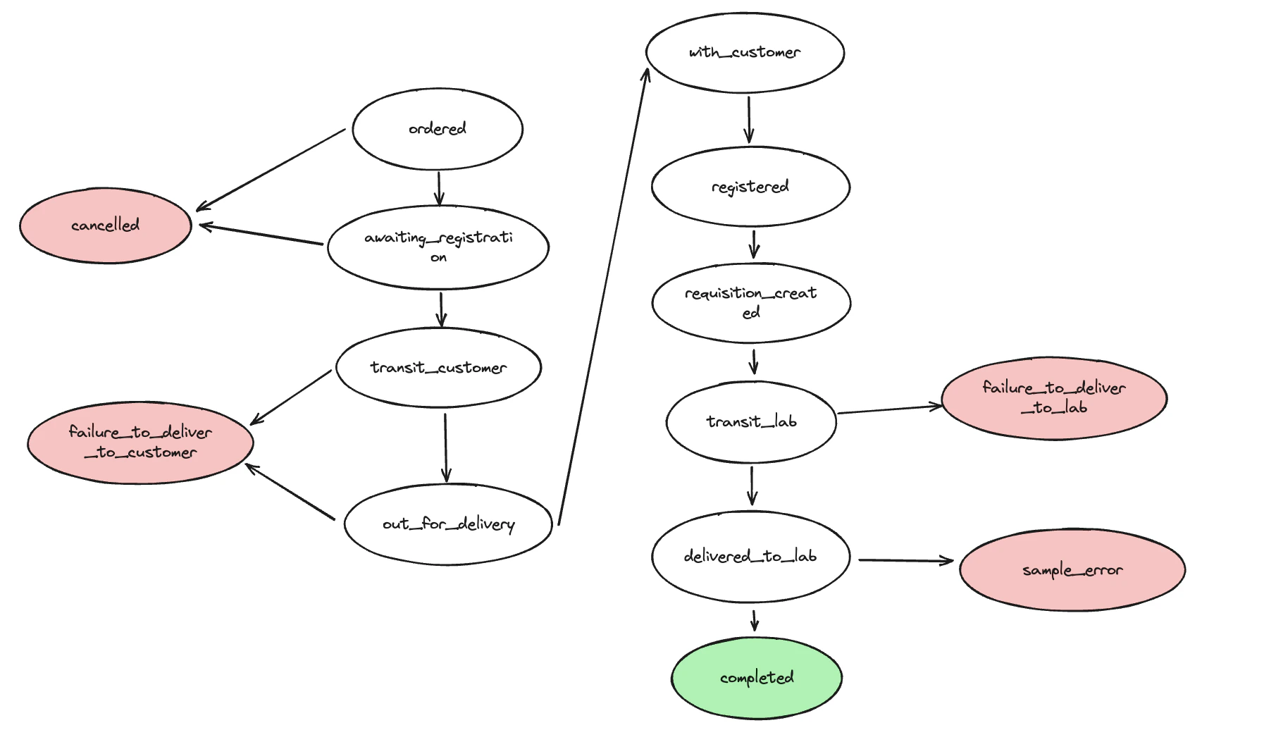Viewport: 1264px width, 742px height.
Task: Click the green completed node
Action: coord(756,678)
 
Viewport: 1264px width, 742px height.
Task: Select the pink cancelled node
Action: coord(106,225)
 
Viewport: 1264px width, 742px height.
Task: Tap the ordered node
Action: coord(438,129)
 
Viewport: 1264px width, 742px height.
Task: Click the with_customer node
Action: coord(745,53)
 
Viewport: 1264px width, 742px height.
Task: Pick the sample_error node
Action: coord(1072,569)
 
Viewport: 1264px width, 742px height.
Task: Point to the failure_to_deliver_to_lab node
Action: coord(1054,398)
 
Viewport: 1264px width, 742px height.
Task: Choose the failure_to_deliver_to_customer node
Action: coord(140,443)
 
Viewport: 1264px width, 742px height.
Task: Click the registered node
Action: coord(750,187)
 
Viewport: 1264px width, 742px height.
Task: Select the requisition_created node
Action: coord(751,303)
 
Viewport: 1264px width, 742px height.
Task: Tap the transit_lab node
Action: coord(751,422)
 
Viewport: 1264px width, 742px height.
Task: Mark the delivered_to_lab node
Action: coord(750,557)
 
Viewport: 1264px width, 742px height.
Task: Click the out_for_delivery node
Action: coord(448,524)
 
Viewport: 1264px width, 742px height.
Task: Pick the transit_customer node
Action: coord(438,368)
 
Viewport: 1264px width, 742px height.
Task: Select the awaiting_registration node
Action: coord(438,247)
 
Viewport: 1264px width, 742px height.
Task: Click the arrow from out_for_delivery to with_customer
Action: coord(602,296)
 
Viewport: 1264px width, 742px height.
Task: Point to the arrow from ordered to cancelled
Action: coord(271,170)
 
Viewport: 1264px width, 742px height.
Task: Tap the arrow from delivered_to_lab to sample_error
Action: coord(905,561)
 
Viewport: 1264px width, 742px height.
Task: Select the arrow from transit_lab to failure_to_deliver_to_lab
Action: coord(889,409)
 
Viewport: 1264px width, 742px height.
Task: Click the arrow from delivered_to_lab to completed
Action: coord(755,620)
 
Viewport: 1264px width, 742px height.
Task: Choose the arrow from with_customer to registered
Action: coord(749,119)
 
